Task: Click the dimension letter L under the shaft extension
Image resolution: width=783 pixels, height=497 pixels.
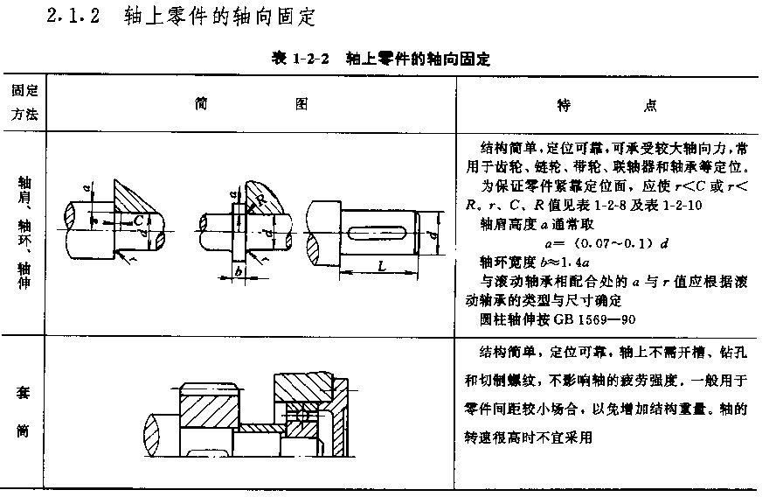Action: coord(382,266)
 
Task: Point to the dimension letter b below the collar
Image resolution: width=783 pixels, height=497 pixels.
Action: coord(239,271)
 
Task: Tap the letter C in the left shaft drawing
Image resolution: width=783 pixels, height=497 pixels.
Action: coord(138,220)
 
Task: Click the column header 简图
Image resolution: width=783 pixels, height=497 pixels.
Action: coord(251,104)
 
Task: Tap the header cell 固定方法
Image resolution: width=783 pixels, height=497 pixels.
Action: coord(24,102)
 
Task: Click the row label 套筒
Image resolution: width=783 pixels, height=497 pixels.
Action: coord(23,411)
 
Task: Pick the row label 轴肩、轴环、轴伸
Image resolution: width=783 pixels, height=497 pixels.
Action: coord(24,232)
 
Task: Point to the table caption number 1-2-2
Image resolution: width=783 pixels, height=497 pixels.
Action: coord(310,59)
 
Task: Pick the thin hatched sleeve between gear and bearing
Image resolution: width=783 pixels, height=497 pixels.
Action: coord(261,428)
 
